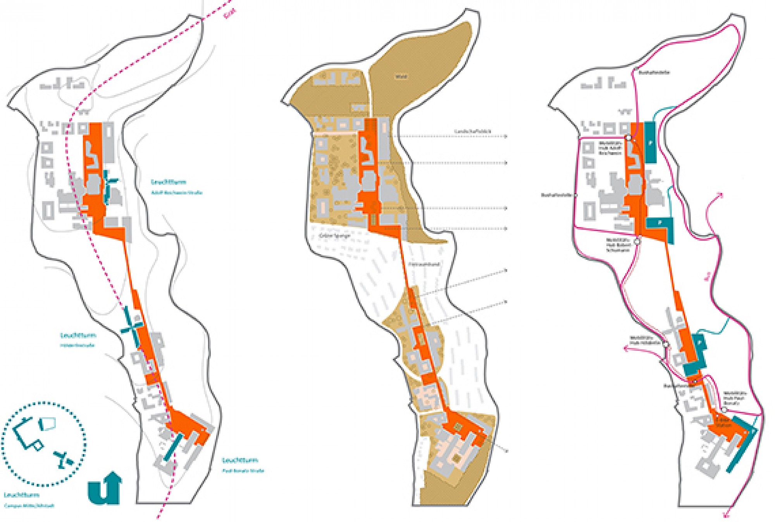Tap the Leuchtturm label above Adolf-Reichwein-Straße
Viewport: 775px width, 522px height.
pyautogui.click(x=169, y=182)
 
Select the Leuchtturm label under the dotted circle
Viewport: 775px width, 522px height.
pyautogui.click(x=21, y=495)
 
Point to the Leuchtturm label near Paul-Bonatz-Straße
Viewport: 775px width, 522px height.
pyautogui.click(x=240, y=460)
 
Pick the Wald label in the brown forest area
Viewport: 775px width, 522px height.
pyautogui.click(x=401, y=77)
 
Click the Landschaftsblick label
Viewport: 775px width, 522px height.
pyautogui.click(x=472, y=131)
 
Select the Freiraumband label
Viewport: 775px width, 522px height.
pyautogui.click(x=424, y=264)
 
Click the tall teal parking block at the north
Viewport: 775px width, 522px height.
pyautogui.click(x=650, y=142)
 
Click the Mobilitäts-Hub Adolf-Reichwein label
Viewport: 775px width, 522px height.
pyautogui.click(x=610, y=148)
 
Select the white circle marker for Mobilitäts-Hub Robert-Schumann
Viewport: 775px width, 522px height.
pyautogui.click(x=637, y=241)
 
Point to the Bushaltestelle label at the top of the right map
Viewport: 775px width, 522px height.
pyautogui.click(x=654, y=72)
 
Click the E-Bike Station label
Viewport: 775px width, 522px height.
pyautogui.click(x=723, y=422)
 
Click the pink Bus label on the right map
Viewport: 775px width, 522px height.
pyautogui.click(x=707, y=276)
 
